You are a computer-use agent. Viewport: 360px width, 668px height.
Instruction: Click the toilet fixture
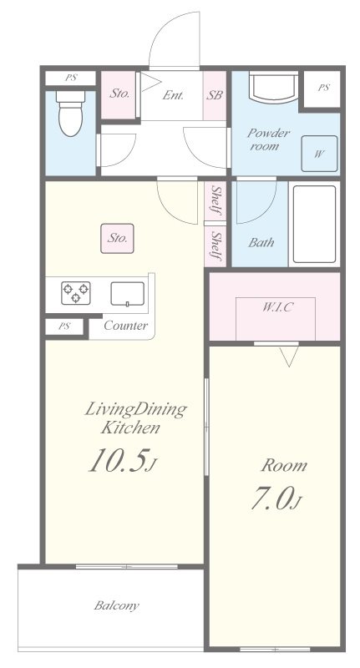(x=70, y=113)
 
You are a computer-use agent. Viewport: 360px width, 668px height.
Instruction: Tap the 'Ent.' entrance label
(x=173, y=95)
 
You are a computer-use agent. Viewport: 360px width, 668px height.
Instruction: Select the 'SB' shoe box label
(x=215, y=95)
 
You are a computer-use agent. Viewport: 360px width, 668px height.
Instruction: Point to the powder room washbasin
(x=273, y=88)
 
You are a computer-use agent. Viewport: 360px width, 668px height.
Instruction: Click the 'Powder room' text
(x=268, y=139)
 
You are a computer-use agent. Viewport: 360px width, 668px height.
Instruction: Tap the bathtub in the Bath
(x=314, y=224)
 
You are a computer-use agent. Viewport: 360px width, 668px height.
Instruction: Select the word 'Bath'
(x=261, y=243)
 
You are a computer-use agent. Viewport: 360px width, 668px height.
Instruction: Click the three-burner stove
(x=76, y=293)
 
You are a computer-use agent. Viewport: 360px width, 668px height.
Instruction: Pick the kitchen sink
(x=128, y=294)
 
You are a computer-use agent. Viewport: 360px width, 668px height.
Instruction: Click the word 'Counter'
(x=125, y=326)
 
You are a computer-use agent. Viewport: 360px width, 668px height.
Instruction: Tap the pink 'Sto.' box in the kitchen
(x=117, y=238)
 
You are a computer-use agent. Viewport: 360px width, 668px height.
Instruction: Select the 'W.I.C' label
(x=277, y=306)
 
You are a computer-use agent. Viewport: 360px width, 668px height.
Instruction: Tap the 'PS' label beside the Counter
(x=64, y=326)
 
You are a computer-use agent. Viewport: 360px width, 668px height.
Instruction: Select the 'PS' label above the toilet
(x=71, y=78)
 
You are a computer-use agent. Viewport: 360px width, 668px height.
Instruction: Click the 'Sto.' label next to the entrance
(x=119, y=94)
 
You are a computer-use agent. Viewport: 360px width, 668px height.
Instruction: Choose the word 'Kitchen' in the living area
(x=130, y=427)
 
